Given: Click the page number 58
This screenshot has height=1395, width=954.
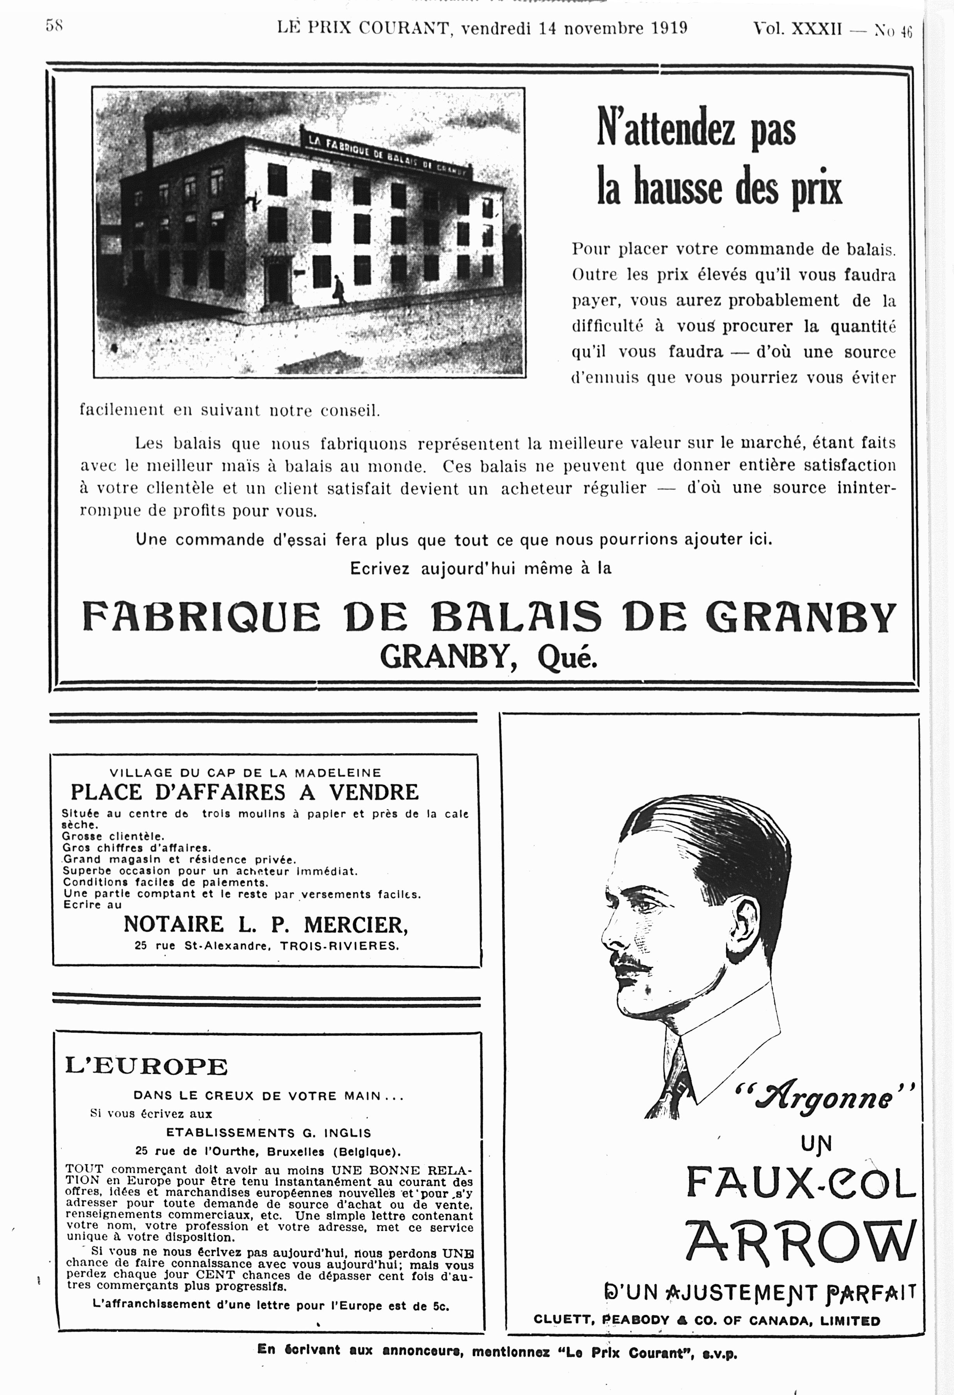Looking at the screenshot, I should pyautogui.click(x=54, y=27).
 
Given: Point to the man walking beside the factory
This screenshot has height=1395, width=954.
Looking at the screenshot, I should pyautogui.click(x=339, y=289).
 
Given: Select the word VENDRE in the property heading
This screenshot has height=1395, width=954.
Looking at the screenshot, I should pyautogui.click(x=374, y=793).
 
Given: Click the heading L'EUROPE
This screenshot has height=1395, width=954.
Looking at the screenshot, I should pyautogui.click(x=146, y=1067).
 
